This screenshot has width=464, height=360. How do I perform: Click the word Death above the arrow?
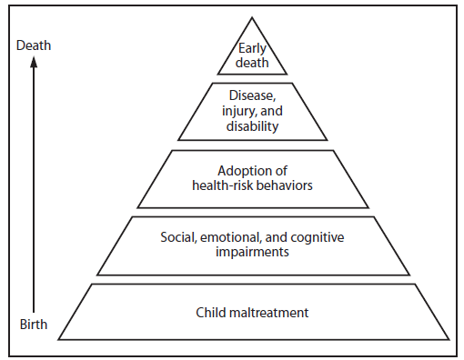(x=33, y=44)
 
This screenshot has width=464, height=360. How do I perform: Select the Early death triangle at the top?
(x=252, y=55)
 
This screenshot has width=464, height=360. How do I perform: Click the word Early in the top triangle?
(x=252, y=48)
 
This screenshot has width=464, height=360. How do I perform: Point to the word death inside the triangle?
(x=252, y=62)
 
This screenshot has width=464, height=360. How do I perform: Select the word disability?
(x=252, y=126)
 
